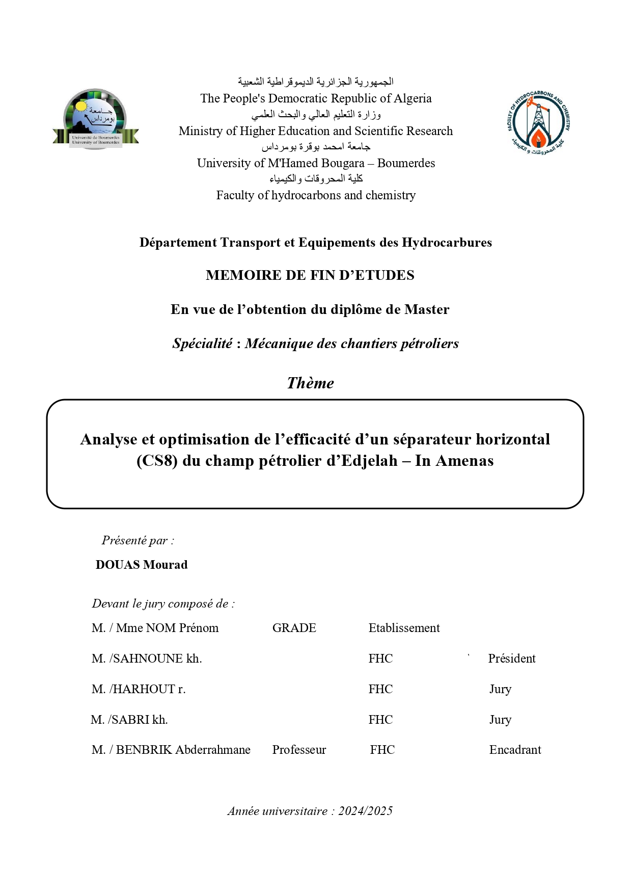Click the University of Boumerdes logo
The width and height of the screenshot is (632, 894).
click(x=95, y=119)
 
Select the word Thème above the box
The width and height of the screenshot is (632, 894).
click(x=310, y=383)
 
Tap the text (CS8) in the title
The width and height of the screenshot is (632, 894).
click(x=157, y=461)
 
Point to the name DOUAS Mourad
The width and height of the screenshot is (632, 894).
click(x=142, y=565)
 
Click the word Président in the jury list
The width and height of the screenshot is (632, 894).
click(x=512, y=659)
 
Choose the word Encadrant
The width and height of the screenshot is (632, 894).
click(x=515, y=750)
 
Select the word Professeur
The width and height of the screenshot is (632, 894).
click(x=299, y=750)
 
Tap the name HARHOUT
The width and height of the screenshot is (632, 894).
click(x=144, y=689)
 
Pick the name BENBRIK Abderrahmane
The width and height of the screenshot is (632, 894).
click(x=183, y=750)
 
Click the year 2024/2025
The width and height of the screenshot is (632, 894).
click(x=365, y=811)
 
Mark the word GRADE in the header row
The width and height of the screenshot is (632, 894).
click(x=294, y=628)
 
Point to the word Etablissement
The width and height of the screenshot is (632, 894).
click(x=404, y=628)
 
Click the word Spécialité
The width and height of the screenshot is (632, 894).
click(x=202, y=344)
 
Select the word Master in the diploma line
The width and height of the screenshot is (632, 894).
click(x=427, y=309)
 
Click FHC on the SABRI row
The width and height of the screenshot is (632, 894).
click(x=381, y=720)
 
